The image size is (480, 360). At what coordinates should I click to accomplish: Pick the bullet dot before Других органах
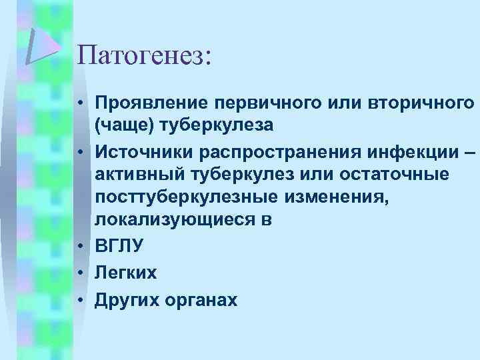pyautogui.click(x=79, y=299)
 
